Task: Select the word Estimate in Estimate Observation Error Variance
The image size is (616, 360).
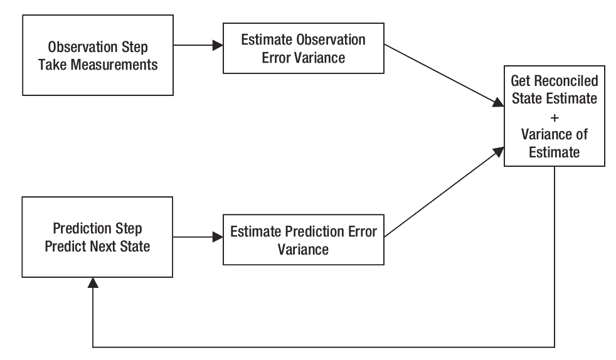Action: pyautogui.click(x=267, y=40)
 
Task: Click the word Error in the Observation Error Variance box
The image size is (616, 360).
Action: pyautogui.click(x=276, y=58)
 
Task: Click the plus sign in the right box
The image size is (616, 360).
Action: pyautogui.click(x=555, y=117)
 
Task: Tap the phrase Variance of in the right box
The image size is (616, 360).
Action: pyautogui.click(x=555, y=135)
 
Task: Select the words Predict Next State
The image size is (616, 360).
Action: pyautogui.click(x=97, y=246)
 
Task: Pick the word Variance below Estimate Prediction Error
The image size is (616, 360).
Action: pyautogui.click(x=303, y=250)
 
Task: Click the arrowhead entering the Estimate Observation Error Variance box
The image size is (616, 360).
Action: pyautogui.click(x=218, y=45)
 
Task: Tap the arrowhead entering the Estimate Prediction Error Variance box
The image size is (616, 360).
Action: pyautogui.click(x=218, y=236)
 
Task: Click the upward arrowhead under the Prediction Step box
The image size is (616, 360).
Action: pyautogui.click(x=93, y=283)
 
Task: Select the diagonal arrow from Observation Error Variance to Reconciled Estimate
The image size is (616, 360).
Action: pyautogui.click(x=444, y=75)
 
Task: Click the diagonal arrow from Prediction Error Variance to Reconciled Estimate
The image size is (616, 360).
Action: pyautogui.click(x=444, y=192)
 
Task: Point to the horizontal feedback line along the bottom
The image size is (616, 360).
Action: pyautogui.click(x=324, y=347)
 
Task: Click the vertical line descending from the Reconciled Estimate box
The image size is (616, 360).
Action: pyautogui.click(x=555, y=257)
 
